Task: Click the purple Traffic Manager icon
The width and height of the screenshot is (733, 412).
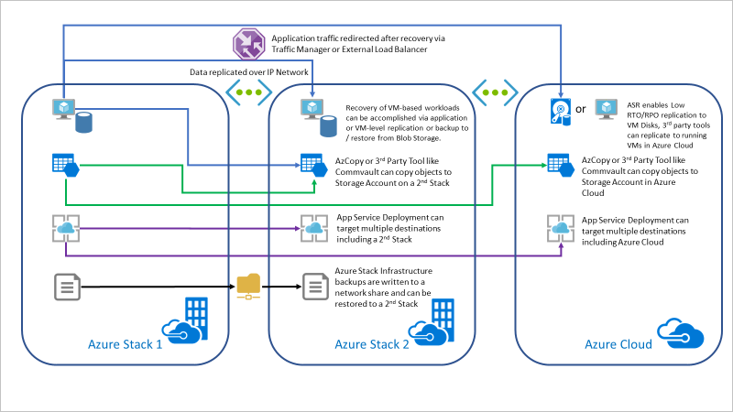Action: [250, 43]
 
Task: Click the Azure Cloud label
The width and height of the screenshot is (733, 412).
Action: [618, 344]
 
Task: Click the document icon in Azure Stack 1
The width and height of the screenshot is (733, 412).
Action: [65, 287]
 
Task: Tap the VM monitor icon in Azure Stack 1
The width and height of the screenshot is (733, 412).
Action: [64, 109]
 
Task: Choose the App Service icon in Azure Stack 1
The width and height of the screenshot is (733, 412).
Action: [65, 227]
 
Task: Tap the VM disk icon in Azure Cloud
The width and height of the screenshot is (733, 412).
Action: [560, 110]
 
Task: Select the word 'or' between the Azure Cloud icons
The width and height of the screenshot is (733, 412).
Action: [582, 110]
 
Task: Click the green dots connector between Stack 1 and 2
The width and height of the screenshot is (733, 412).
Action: [249, 92]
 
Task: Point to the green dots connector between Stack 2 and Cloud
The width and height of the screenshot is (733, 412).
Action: [496, 92]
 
